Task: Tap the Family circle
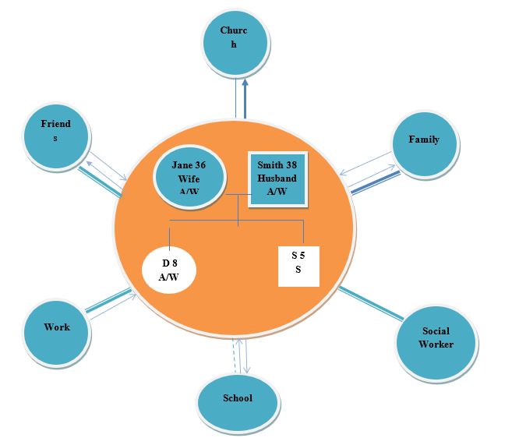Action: click(x=424, y=142)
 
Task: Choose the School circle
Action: click(x=237, y=400)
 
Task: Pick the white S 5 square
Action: click(x=298, y=265)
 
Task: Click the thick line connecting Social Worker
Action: click(x=370, y=303)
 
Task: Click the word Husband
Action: click(x=277, y=178)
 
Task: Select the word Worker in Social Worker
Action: click(x=436, y=344)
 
